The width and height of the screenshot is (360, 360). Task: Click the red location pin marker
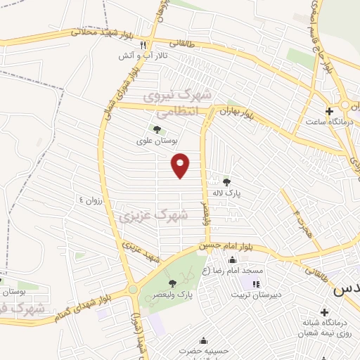(181, 165)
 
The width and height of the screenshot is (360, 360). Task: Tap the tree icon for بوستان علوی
(156, 129)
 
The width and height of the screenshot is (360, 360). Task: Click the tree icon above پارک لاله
(226, 181)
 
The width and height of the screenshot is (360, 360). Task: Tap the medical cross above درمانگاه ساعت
(328, 111)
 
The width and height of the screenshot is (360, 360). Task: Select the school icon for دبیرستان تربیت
(256, 284)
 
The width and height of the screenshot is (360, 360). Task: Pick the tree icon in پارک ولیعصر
(173, 283)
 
